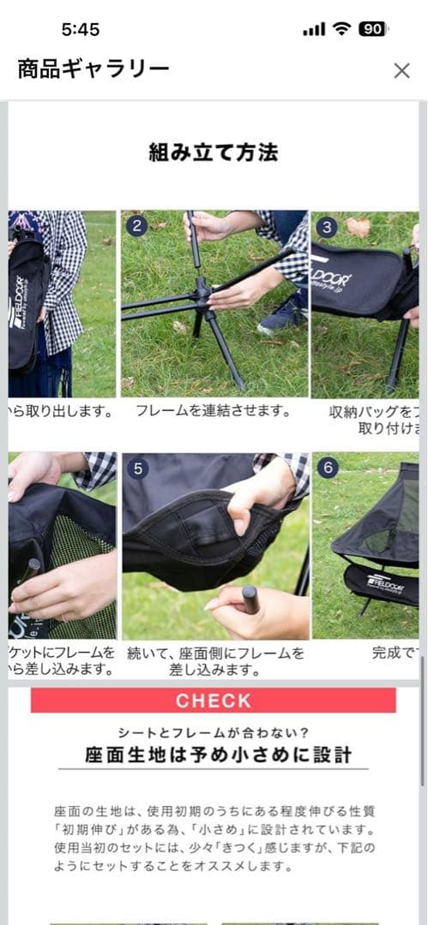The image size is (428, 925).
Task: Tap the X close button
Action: point(401,71)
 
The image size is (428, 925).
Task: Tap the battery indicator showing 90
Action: point(372,28)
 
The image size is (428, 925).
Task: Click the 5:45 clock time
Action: point(81,29)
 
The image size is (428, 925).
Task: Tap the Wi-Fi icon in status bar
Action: point(341,28)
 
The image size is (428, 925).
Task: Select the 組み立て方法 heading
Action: point(214,153)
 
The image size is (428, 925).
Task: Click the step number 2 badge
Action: point(136,226)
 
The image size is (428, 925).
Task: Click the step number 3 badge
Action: point(326,226)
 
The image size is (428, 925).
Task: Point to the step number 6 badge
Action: point(326,468)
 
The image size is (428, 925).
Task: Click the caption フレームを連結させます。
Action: point(214,411)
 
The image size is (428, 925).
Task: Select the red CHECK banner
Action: point(214,701)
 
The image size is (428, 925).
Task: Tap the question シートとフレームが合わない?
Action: point(214,732)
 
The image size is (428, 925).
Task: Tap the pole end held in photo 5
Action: point(250,600)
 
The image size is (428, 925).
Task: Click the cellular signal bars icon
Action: point(314,29)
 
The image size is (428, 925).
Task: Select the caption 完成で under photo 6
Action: point(395,653)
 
